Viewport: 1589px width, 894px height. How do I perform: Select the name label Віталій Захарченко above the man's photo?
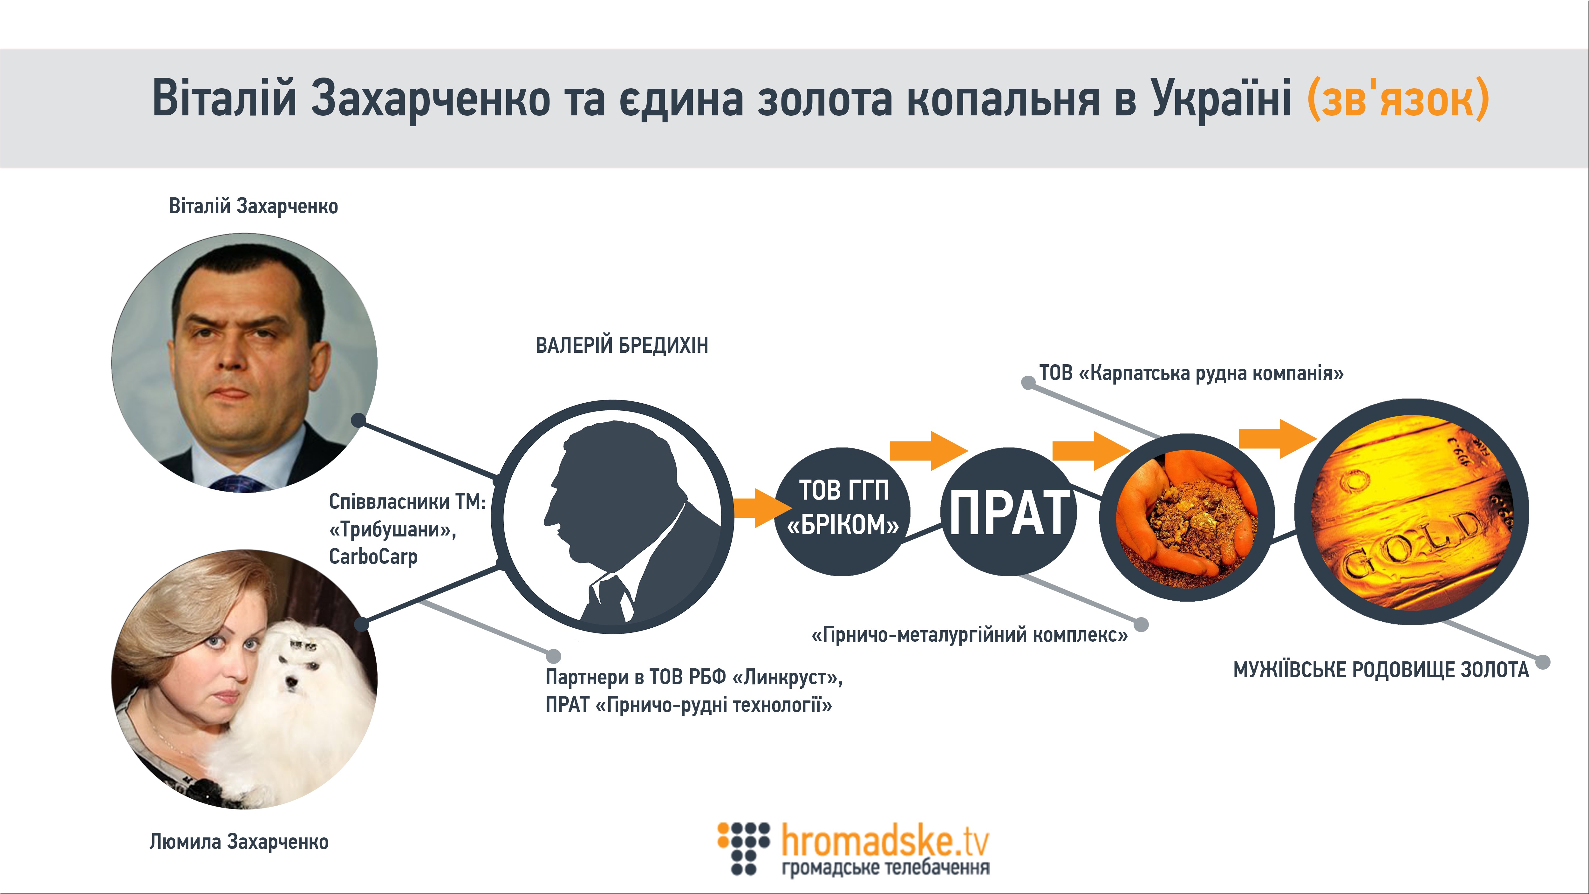point(254,206)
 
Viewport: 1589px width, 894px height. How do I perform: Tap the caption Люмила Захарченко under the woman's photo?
point(239,842)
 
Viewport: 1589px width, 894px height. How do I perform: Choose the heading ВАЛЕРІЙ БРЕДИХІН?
point(622,345)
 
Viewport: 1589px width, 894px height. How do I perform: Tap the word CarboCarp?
point(373,556)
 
